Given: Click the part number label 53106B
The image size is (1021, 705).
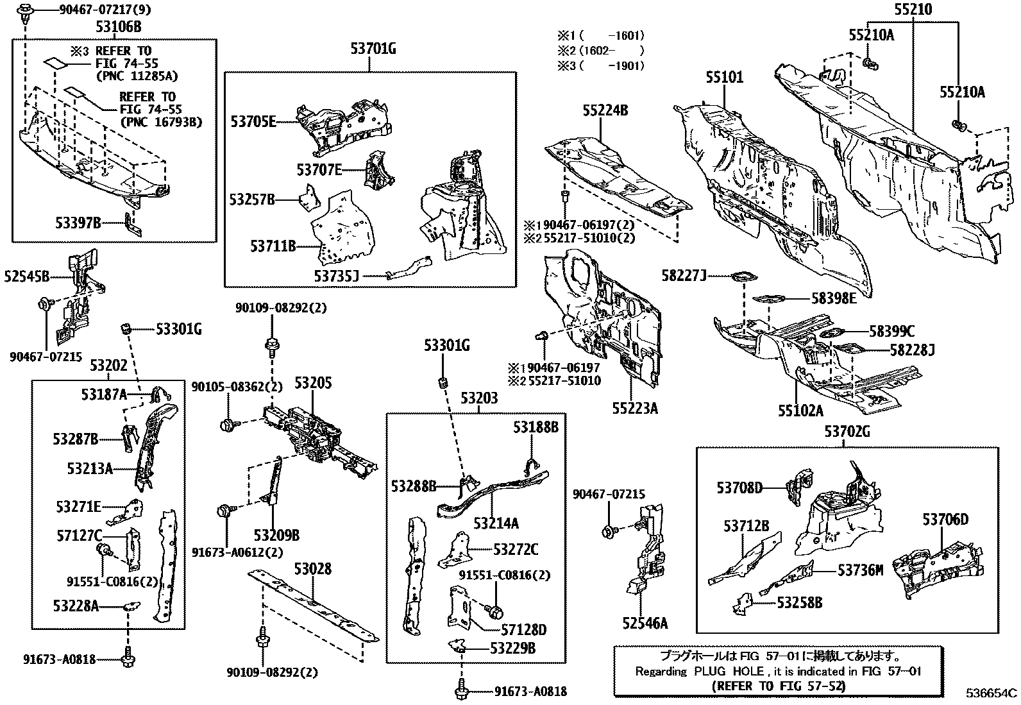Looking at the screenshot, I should point(119,27).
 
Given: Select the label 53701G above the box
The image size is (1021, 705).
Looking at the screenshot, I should point(373,47).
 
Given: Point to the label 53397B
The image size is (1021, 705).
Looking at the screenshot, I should point(78,223).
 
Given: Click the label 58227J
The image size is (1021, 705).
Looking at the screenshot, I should point(684,276).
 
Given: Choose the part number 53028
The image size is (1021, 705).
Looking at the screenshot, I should point(313,568).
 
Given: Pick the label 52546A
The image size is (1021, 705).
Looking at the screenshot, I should point(645,622).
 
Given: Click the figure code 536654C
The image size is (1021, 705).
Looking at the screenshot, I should point(992,693).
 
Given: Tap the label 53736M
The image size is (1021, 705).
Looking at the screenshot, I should point(861,570).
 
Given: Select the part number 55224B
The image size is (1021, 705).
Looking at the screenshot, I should point(605,110).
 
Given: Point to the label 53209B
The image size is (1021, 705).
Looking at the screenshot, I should point(276,535).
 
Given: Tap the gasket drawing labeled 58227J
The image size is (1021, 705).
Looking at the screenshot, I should point(743,277).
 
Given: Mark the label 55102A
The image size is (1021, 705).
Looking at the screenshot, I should point(801,411).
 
